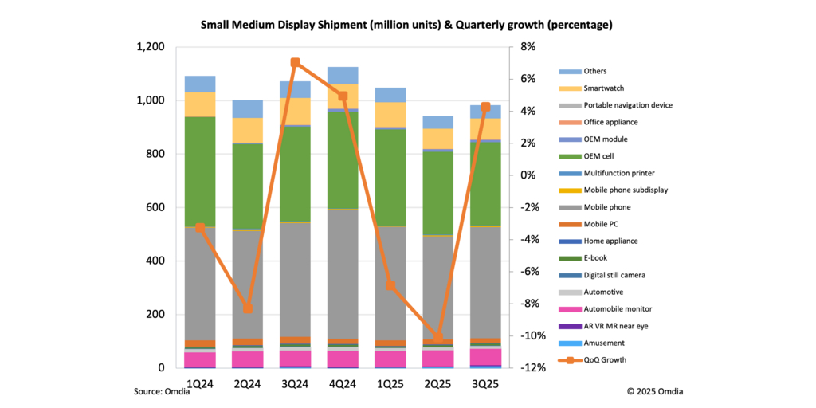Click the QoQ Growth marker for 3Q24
(x=295, y=62)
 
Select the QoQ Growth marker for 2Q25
(x=437, y=338)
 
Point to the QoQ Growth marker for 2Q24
(x=247, y=308)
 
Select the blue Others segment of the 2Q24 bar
(x=247, y=108)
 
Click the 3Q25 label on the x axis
(x=484, y=383)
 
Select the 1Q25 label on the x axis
(x=390, y=383)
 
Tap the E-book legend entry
(x=598, y=257)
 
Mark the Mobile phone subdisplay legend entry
(x=626, y=190)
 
